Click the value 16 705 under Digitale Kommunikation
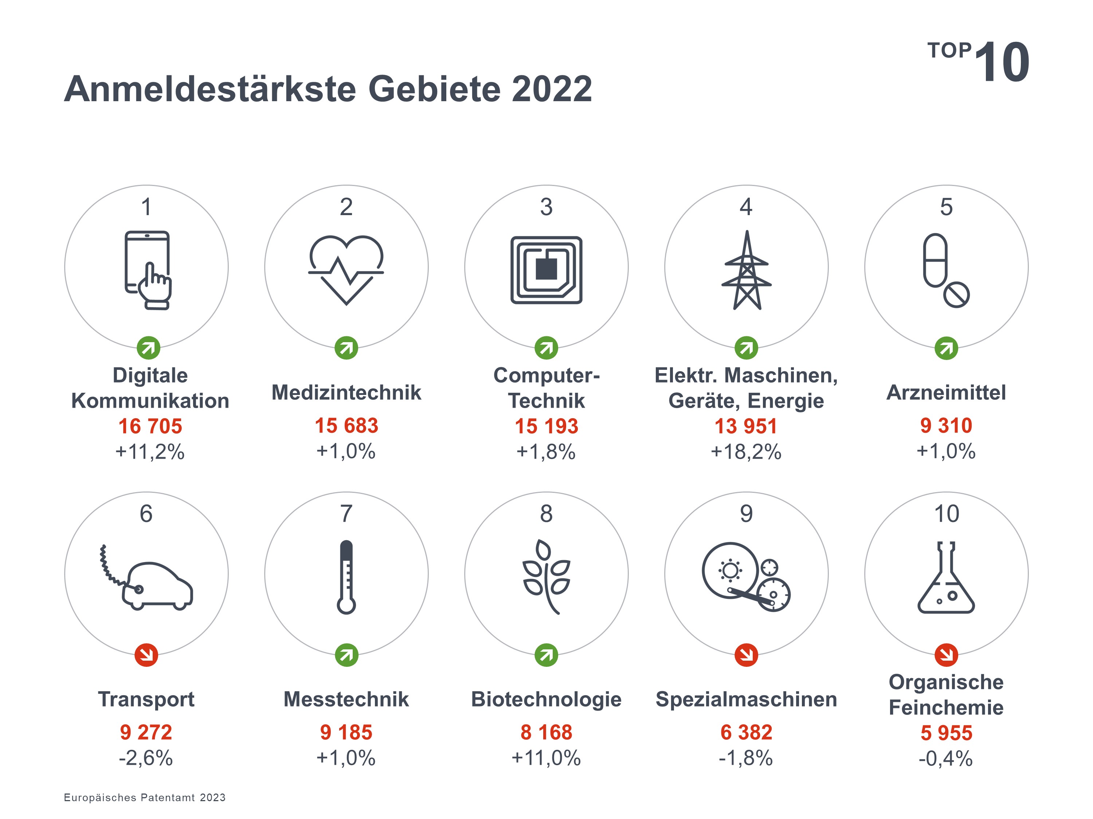click(150, 426)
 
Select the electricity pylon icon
click(746, 270)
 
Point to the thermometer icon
click(346, 577)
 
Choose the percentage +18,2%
click(746, 452)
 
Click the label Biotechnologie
click(546, 699)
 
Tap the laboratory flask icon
click(946, 578)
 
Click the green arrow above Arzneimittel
click(946, 348)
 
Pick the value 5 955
click(946, 733)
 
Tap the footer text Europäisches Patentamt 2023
click(144, 797)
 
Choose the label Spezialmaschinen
click(746, 699)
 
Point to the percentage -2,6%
click(146, 758)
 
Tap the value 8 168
click(546, 732)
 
